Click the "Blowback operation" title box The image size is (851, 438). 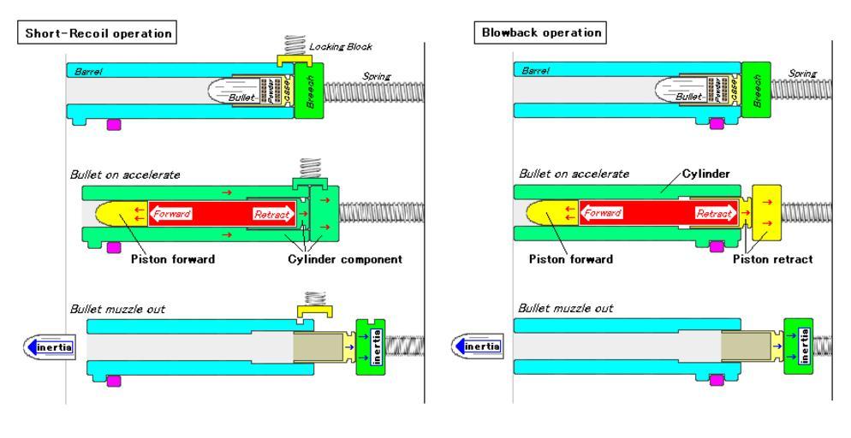pyautogui.click(x=539, y=33)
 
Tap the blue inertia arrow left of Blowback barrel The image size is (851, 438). pyautogui.click(x=478, y=346)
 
